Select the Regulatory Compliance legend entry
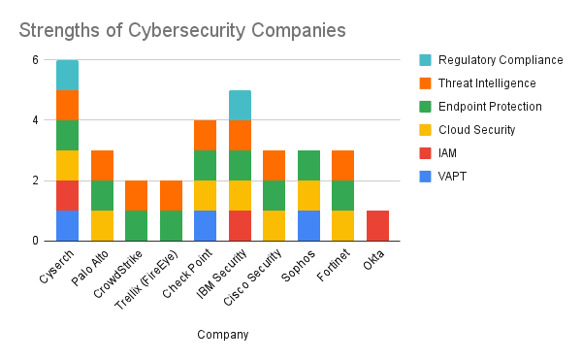pos(500,60)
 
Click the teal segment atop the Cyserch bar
pos(67,75)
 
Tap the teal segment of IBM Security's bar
pos(239,105)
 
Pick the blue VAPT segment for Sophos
pos(307,225)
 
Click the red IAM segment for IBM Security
pos(239,225)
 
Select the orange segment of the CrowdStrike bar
pos(136,195)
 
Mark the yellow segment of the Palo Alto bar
pos(102,225)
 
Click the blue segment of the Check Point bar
pos(205,225)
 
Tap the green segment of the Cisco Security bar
pos(274,195)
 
